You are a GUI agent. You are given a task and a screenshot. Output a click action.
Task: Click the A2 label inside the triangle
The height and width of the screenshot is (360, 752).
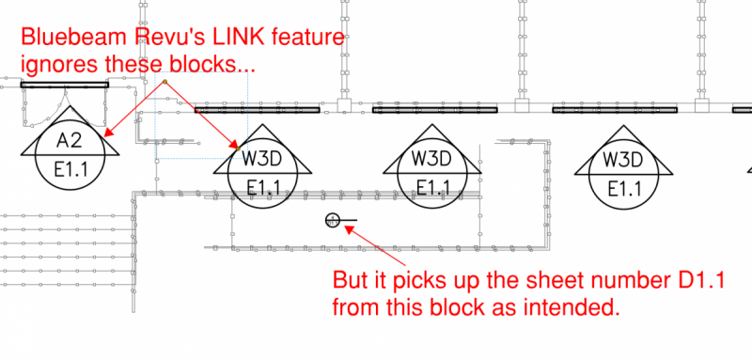click(x=70, y=141)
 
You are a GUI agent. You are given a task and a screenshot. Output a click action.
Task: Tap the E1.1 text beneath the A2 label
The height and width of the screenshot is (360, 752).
click(x=70, y=166)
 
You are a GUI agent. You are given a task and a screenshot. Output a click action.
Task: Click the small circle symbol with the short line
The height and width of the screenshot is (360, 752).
click(x=332, y=221)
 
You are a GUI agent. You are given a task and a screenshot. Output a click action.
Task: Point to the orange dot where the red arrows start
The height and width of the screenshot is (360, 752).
click(x=164, y=83)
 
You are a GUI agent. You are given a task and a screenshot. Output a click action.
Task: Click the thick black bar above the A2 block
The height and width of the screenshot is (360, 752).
click(x=66, y=85)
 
